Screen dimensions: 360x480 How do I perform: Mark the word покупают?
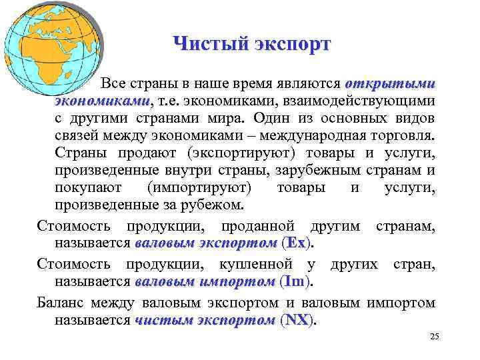[x=86, y=187]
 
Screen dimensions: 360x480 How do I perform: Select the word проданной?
[x=267, y=227]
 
